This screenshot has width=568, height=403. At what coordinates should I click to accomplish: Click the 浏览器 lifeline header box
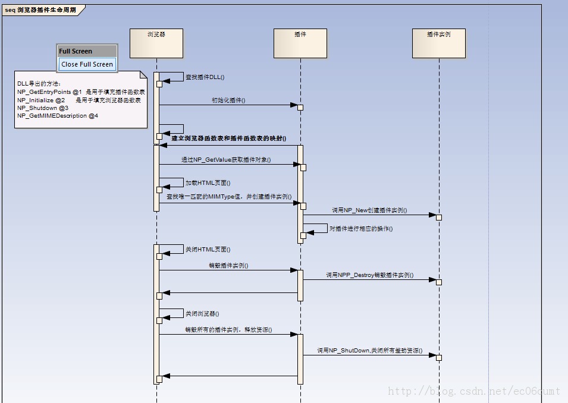click(156, 43)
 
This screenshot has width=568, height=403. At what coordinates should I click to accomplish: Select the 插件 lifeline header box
click(300, 43)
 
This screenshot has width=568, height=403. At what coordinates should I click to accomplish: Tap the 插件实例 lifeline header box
click(438, 43)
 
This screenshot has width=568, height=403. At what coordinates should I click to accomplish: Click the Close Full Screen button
click(87, 64)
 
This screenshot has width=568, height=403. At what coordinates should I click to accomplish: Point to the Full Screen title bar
click(87, 51)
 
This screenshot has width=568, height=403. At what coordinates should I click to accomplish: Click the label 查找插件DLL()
click(205, 77)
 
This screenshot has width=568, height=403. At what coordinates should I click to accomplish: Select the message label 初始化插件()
click(228, 100)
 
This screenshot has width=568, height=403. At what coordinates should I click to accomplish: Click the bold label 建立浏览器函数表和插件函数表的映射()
click(228, 138)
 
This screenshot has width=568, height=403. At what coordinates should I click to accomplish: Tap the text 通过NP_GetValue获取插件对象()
click(226, 160)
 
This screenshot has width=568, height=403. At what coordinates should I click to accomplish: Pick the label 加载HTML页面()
click(208, 183)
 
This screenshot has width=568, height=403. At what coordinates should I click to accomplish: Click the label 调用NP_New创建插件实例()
click(369, 210)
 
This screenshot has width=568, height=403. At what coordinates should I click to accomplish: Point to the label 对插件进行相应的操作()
click(361, 229)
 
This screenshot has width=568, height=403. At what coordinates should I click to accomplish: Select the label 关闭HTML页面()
click(208, 250)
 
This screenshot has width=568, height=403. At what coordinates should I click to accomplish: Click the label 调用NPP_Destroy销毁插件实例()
click(369, 276)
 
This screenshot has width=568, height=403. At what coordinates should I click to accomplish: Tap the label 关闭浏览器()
click(202, 313)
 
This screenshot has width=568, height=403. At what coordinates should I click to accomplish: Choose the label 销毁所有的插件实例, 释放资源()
click(228, 330)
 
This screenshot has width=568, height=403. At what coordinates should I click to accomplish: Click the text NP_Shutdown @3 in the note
click(43, 108)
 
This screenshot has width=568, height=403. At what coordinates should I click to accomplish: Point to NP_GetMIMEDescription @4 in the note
click(58, 116)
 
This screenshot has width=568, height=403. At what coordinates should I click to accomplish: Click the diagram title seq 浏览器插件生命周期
click(40, 10)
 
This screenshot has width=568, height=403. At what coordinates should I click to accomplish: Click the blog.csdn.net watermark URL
click(473, 391)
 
